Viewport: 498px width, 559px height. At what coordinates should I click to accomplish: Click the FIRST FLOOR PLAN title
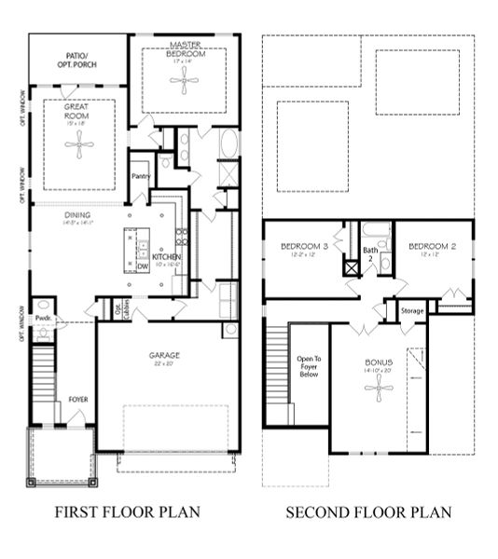click(127, 512)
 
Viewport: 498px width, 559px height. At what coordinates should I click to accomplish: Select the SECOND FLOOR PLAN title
click(368, 512)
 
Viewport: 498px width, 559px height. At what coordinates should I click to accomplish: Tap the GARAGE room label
click(164, 355)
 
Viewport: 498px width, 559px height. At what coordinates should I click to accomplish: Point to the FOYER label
click(78, 400)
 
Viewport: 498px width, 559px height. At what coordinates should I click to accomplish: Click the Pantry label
click(142, 176)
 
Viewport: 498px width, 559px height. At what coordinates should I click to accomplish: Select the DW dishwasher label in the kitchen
click(143, 266)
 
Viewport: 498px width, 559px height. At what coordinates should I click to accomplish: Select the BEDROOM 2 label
click(431, 247)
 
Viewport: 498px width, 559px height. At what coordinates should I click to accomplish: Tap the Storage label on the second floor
click(412, 310)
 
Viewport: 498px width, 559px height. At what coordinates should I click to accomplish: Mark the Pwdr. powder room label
click(43, 319)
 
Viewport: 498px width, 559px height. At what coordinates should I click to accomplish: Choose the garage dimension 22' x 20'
click(164, 364)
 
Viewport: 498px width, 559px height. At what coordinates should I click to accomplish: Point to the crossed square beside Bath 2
click(353, 267)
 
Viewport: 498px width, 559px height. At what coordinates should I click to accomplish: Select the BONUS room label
click(379, 361)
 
